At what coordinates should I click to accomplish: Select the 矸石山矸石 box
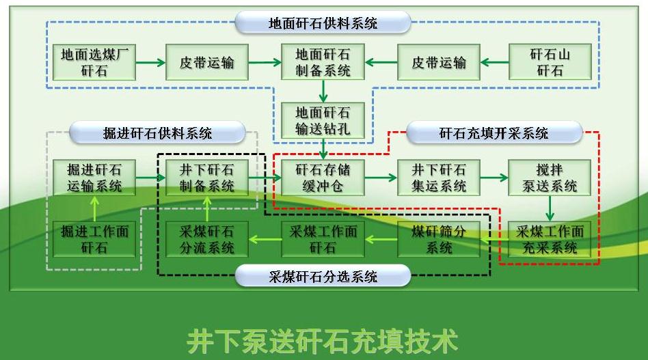click(x=550, y=62)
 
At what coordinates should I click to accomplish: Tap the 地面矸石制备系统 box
click(x=323, y=62)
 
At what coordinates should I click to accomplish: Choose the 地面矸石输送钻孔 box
click(x=323, y=120)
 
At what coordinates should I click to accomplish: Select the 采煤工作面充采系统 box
click(x=550, y=239)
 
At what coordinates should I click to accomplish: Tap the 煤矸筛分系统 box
click(x=438, y=239)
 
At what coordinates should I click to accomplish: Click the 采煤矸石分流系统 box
click(x=206, y=239)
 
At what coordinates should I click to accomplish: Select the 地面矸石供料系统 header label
click(x=323, y=23)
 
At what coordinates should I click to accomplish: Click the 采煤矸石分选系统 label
click(x=323, y=277)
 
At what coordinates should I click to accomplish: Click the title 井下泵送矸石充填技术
click(x=323, y=340)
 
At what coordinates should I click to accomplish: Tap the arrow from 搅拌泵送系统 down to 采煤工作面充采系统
click(x=550, y=208)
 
